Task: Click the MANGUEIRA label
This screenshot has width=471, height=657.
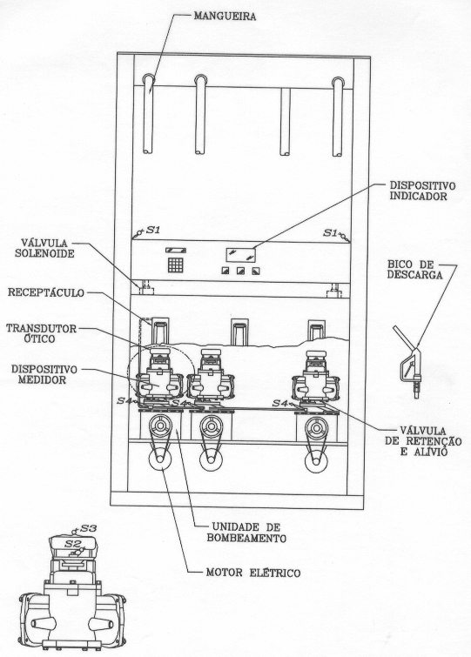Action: click(x=225, y=17)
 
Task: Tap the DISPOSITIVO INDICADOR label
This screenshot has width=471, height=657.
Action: click(x=422, y=191)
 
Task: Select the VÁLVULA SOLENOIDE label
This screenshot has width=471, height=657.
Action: click(x=44, y=248)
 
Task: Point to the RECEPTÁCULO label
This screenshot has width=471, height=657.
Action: click(x=46, y=292)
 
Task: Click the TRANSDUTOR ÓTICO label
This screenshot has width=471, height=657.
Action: click(x=42, y=333)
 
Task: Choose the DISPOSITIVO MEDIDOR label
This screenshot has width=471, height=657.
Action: click(x=44, y=374)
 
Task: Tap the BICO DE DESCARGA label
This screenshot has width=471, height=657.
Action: click(x=415, y=270)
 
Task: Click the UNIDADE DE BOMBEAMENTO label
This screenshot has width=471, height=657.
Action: click(x=246, y=533)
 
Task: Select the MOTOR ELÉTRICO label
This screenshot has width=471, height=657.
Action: click(x=253, y=573)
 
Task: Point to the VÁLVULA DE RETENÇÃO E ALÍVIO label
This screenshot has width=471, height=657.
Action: click(x=423, y=441)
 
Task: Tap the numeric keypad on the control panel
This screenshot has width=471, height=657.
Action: click(x=176, y=265)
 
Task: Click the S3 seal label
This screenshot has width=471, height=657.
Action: click(x=89, y=528)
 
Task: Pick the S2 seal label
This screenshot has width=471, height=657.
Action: click(x=71, y=544)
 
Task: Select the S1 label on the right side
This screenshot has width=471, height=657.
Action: click(x=330, y=232)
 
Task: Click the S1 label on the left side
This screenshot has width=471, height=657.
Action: click(x=153, y=230)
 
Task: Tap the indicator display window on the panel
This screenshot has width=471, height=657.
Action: click(x=240, y=255)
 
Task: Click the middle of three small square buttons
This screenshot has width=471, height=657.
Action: click(x=240, y=272)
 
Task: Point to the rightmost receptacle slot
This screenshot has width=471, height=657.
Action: click(x=316, y=331)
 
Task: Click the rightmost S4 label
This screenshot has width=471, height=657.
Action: click(x=279, y=403)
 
